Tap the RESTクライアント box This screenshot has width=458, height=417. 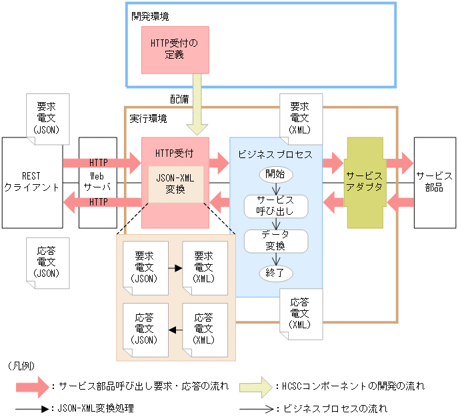pyautogui.click(x=31, y=182)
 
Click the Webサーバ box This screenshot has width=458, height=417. pyautogui.click(x=98, y=182)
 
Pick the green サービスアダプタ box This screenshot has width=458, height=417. pyautogui.click(x=365, y=181)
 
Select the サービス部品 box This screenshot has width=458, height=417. pyautogui.click(x=435, y=182)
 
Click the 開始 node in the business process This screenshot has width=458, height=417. pyautogui.click(x=275, y=175)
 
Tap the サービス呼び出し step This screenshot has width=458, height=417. pyautogui.click(x=275, y=206)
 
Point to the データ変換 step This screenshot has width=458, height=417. pyautogui.click(x=275, y=241)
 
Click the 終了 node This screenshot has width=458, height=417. pyautogui.click(x=275, y=272)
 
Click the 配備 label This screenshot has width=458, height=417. pyautogui.click(x=179, y=99)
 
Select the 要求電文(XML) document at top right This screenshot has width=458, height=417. pyautogui.click(x=300, y=118)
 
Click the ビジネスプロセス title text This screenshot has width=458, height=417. pyautogui.click(x=275, y=153)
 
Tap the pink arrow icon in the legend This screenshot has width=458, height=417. pyautogui.click(x=33, y=386)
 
